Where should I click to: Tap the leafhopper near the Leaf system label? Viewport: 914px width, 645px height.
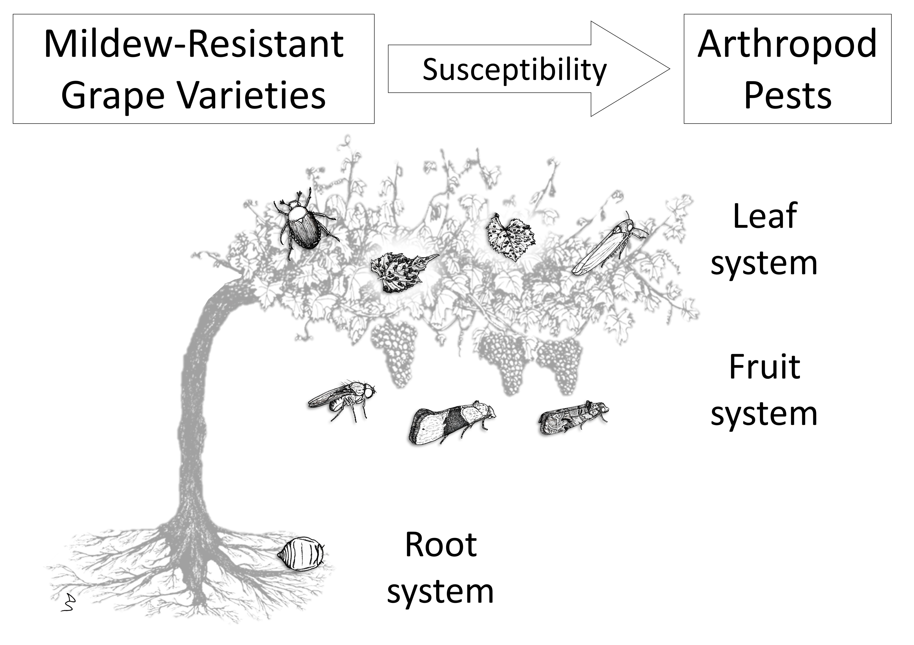coord(610,244)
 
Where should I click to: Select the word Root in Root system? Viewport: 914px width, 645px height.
coord(441,545)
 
